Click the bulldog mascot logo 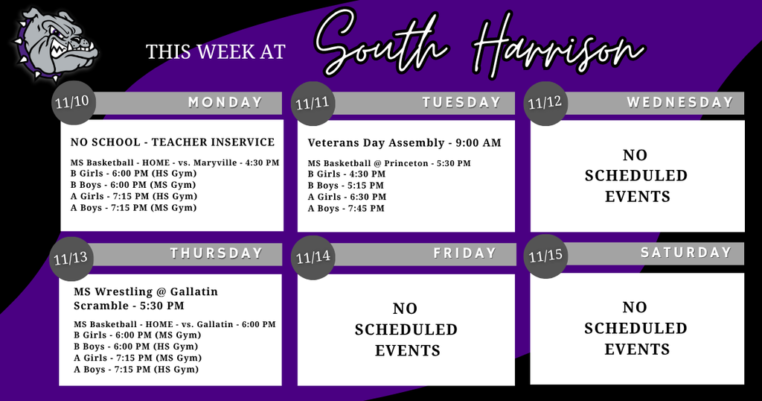click(x=54, y=45)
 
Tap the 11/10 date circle click(x=74, y=101)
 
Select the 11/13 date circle click(x=71, y=259)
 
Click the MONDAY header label click(x=225, y=103)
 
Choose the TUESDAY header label click(x=461, y=103)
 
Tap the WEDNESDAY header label click(x=679, y=103)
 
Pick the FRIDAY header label click(x=464, y=253)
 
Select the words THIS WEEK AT click(x=216, y=51)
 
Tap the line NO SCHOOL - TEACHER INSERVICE click(x=173, y=142)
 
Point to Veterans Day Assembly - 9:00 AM click(x=404, y=142)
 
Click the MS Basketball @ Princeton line click(x=389, y=162)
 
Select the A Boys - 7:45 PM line click(x=346, y=209)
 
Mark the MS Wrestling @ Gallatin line click(x=146, y=291)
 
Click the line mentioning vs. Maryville click(x=175, y=162)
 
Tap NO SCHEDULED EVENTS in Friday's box click(x=406, y=329)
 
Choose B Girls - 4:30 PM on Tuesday click(x=347, y=174)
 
